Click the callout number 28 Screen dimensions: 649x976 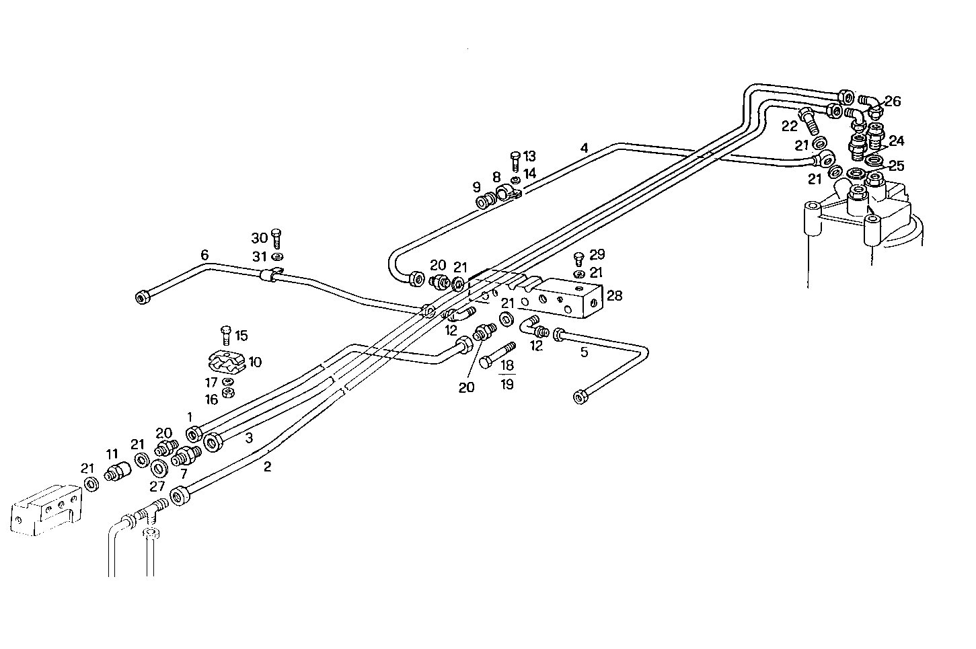click(x=615, y=295)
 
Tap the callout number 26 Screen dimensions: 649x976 click(x=892, y=102)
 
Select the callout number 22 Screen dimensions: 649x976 click(x=789, y=126)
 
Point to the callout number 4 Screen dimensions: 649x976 click(x=585, y=147)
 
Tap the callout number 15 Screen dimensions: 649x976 click(x=241, y=335)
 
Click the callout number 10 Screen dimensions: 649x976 click(x=255, y=362)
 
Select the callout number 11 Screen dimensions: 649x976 click(x=112, y=454)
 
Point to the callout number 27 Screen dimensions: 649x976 click(x=157, y=486)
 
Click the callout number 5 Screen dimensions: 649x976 click(x=584, y=350)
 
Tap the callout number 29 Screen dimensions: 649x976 click(x=597, y=255)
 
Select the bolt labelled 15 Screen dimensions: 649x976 click(x=226, y=334)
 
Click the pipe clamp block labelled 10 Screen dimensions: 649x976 click(x=224, y=364)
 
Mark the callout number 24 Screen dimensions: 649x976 click(x=897, y=141)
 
